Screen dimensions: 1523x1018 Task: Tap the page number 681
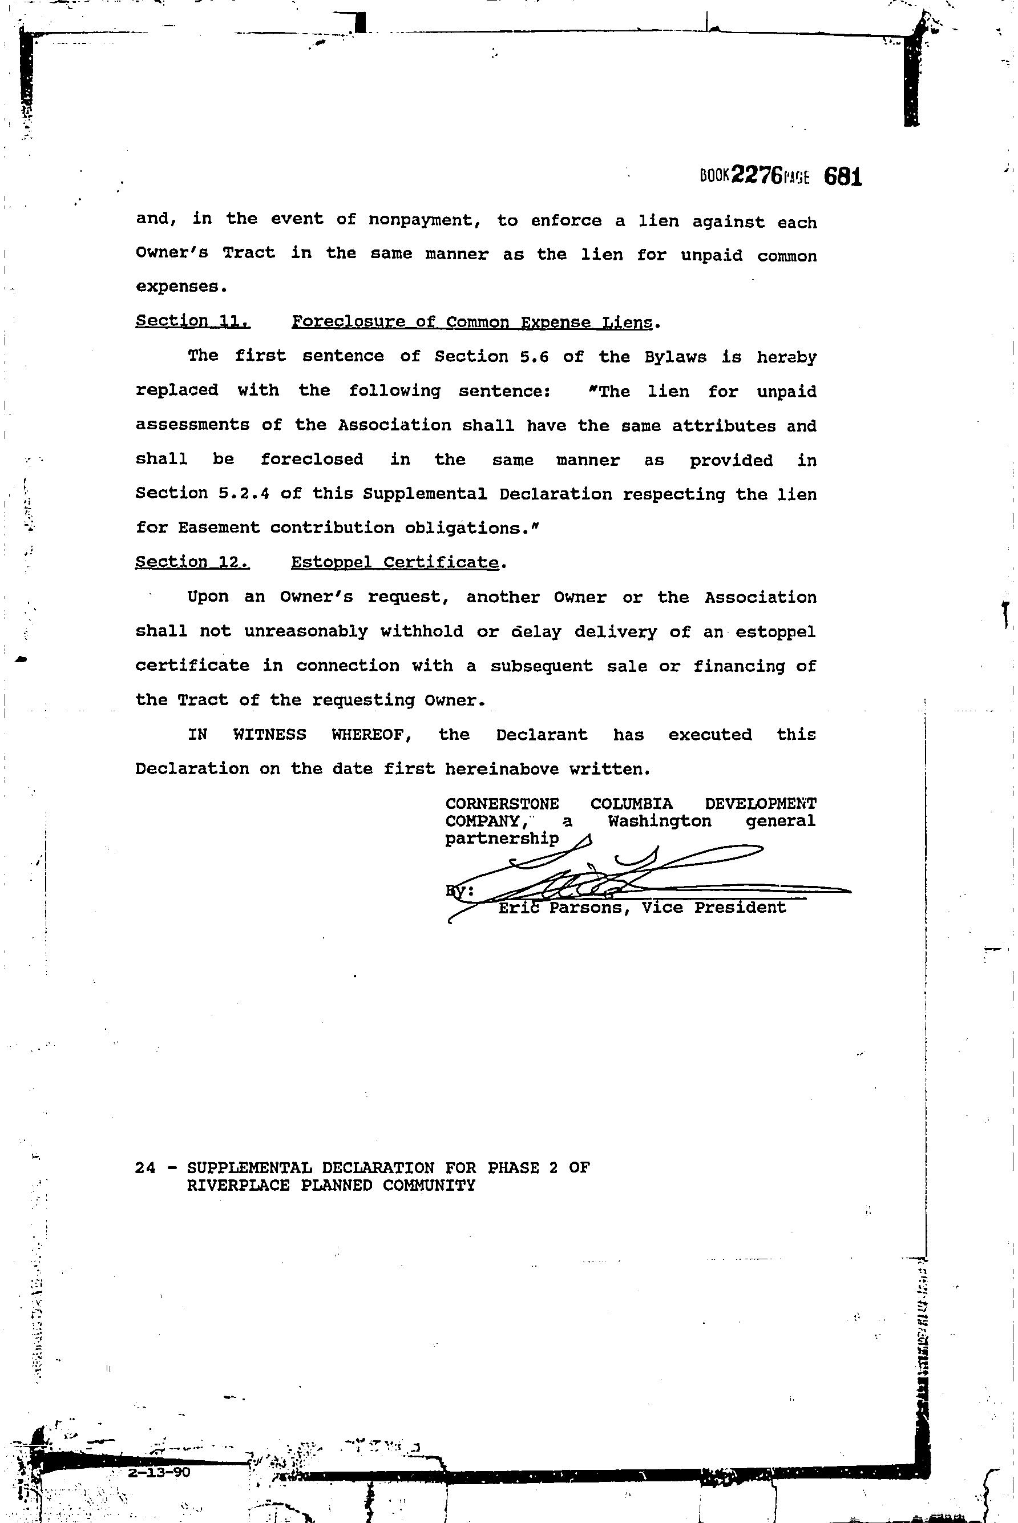(843, 176)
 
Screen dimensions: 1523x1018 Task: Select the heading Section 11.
(193, 321)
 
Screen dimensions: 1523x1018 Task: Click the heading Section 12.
(192, 562)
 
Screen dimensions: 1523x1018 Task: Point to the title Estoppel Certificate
(395, 562)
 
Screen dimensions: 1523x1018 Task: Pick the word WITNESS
(269, 735)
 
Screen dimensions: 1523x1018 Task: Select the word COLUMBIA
(632, 805)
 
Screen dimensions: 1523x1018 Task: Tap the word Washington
(660, 821)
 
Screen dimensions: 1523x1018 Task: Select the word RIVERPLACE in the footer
(236, 1185)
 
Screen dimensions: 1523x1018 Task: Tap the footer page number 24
(146, 1168)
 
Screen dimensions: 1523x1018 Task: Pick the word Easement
(218, 527)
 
